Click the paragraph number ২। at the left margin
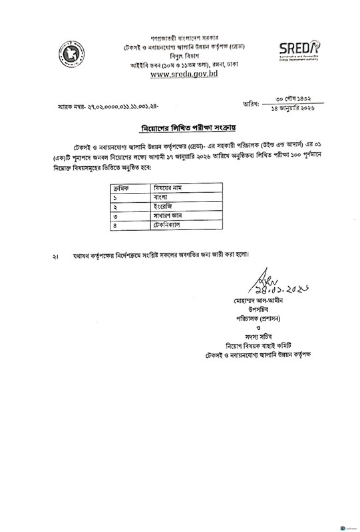click(57, 255)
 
